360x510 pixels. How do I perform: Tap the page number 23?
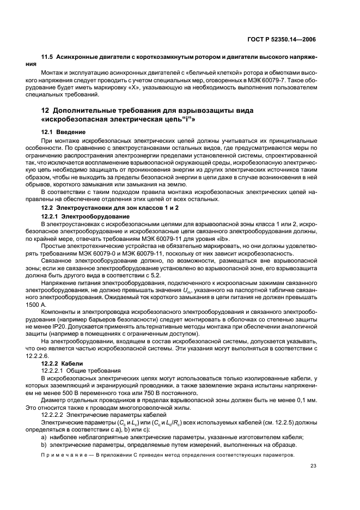(313, 466)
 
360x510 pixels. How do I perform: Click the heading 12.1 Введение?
(63, 132)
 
